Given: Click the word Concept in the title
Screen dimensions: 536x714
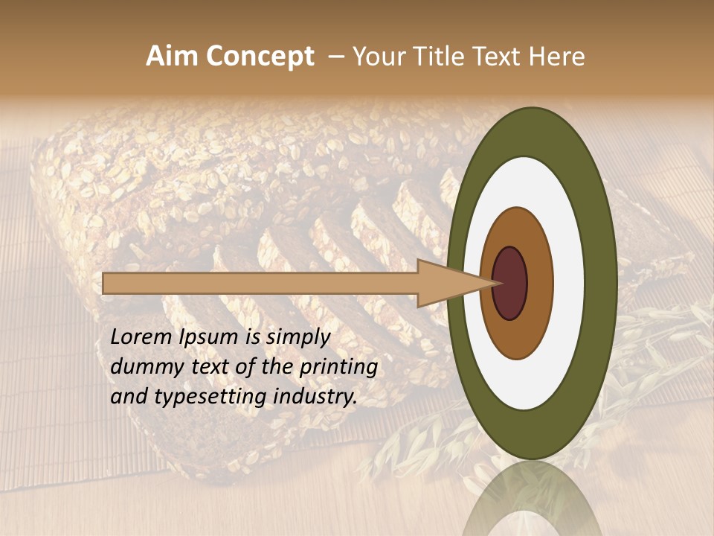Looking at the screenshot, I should (x=260, y=57).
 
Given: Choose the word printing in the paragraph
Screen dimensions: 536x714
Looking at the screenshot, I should (x=338, y=368).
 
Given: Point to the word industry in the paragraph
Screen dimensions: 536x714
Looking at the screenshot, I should (x=315, y=398).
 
